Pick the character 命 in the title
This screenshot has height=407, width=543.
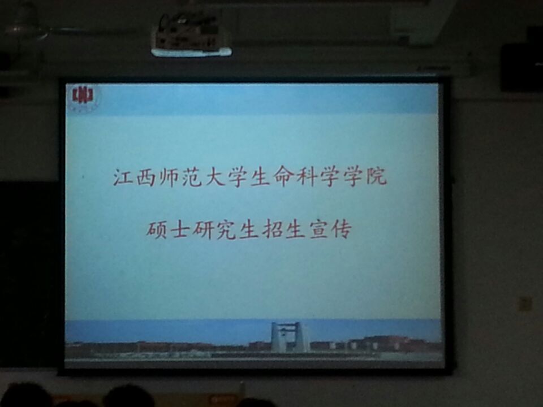pyautogui.click(x=283, y=177)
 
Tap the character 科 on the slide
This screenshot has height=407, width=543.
pyautogui.click(x=307, y=177)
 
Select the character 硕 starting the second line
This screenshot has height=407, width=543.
pyautogui.click(x=157, y=230)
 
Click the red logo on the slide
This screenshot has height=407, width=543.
pyautogui.click(x=83, y=96)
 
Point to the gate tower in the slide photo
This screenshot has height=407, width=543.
pyautogui.click(x=288, y=337)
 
